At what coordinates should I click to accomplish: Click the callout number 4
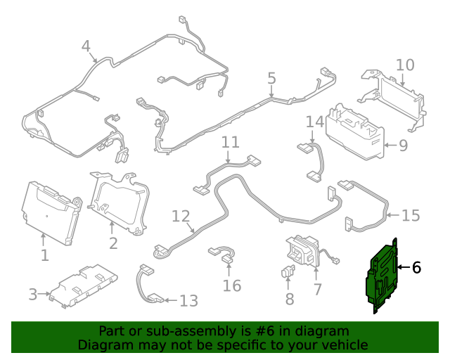[x=86, y=46]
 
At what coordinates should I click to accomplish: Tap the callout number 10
[x=405, y=65]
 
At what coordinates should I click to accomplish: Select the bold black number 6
[x=416, y=268]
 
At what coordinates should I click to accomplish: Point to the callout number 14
[x=315, y=122]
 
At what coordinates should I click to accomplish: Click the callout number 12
[x=181, y=216]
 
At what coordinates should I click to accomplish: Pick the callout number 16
[x=232, y=285]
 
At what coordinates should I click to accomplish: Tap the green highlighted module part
[x=381, y=276]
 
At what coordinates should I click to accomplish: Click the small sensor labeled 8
[x=288, y=271]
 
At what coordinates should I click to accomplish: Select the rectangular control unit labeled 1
[x=51, y=212]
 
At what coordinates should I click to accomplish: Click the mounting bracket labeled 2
[x=119, y=203]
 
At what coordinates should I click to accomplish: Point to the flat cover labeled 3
[x=83, y=286]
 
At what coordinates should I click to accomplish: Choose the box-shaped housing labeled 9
[x=355, y=132]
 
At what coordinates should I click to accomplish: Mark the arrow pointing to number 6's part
[x=404, y=267]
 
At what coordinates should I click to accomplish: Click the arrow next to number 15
[x=393, y=214]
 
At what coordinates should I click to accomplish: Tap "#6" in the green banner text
[x=264, y=331]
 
